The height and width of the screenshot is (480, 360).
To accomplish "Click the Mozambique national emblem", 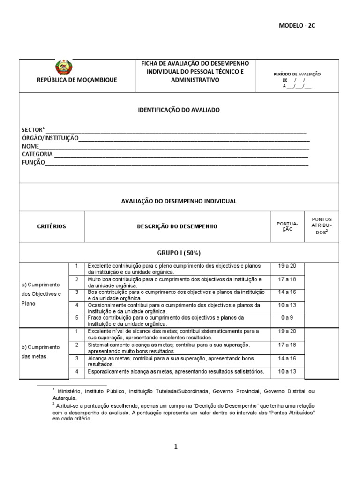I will tap(63, 67).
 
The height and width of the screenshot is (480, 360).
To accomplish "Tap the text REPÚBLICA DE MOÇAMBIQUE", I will tap(77, 80).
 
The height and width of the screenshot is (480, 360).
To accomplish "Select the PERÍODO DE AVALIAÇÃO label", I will tap(297, 74).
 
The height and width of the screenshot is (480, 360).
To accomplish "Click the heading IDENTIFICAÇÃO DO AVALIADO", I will tap(179, 110).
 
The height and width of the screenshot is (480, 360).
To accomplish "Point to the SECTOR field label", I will tap(32, 130).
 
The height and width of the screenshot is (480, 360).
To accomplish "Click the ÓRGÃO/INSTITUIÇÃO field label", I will tap(50, 138).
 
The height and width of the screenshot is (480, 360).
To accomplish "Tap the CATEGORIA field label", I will tap(37, 154).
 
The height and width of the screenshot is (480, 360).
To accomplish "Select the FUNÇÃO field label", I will tap(33, 162).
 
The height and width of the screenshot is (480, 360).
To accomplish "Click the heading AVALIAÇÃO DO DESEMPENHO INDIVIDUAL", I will tap(179, 201).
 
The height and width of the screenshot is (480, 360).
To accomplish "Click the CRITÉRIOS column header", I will tap(52, 226).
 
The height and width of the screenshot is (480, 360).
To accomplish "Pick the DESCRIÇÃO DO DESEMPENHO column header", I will tap(177, 226).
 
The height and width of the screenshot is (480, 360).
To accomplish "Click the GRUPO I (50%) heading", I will tap(179, 253).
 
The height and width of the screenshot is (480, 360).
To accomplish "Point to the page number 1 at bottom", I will tap(176, 447).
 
